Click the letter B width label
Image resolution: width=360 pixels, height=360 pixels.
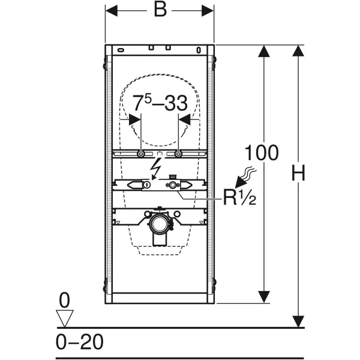pyautogui.click(x=160, y=10)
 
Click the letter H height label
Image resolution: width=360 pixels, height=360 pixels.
pyautogui.click(x=298, y=173)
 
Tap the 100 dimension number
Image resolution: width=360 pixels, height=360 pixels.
pyautogui.click(x=262, y=152)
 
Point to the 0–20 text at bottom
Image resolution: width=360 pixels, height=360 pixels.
pyautogui.click(x=80, y=342)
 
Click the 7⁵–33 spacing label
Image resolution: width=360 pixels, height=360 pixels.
pyautogui.click(x=160, y=103)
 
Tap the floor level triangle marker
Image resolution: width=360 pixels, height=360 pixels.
pyautogui.click(x=65, y=318)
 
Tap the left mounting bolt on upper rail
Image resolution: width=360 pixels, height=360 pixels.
pyautogui.click(x=141, y=154)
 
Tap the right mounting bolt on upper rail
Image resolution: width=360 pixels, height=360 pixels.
pyautogui.click(x=178, y=154)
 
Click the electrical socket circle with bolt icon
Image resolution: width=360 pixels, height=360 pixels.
pyautogui.click(x=147, y=184)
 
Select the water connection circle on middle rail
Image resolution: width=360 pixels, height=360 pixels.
pyautogui.click(x=172, y=185)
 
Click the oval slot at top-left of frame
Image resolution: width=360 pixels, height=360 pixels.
pyautogui.click(x=121, y=50)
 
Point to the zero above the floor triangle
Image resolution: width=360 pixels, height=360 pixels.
pyautogui.click(x=64, y=301)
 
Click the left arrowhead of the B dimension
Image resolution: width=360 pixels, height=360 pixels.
pyautogui.click(x=112, y=11)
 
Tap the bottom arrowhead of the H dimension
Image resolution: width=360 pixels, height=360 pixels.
pyautogui.click(x=298, y=322)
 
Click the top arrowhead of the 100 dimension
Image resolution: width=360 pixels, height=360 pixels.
pyautogui.click(x=264, y=51)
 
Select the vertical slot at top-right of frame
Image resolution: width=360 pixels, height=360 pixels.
pyautogui.click(x=199, y=50)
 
